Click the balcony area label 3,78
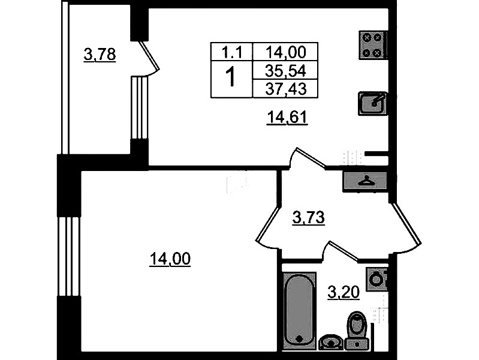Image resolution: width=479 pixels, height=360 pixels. point(100,55)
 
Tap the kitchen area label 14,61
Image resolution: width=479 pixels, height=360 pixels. point(287,117)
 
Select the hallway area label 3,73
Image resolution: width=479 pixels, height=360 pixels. point(308,218)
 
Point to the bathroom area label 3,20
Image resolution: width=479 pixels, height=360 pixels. point(344,292)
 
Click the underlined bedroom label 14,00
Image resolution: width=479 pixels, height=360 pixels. point(170,259)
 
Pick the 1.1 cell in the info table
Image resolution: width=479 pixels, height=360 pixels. point(231,52)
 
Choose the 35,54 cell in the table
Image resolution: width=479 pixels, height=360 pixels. point(285,71)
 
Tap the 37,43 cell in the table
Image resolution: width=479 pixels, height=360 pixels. point(285,89)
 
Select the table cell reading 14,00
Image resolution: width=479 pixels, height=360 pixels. point(285,52)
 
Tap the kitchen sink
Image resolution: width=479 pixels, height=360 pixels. point(373,103)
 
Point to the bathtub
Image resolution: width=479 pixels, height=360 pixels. point(299,311)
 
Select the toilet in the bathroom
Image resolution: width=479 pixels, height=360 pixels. point(357,331)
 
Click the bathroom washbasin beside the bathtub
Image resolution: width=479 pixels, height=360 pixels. point(331,342)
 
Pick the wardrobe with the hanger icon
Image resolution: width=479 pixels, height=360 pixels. point(365,181)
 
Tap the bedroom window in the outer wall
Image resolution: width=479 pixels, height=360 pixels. point(69,256)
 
